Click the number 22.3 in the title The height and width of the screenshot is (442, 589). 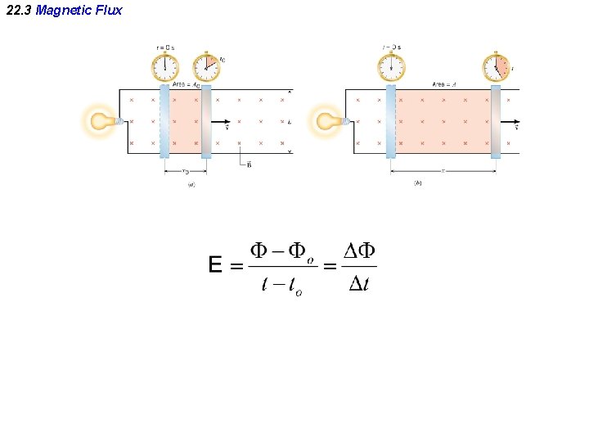tap(17, 11)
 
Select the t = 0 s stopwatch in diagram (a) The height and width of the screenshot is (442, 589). tap(165, 66)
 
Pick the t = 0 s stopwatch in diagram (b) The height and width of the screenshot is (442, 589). tap(391, 66)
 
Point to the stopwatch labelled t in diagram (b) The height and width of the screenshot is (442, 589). tap(496, 66)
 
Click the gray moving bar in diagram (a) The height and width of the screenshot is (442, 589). tap(206, 121)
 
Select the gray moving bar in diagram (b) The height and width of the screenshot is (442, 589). tap(496, 121)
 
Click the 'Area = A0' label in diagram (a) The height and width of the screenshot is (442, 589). tap(186, 85)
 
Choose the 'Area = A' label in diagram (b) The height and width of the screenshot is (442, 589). tap(444, 85)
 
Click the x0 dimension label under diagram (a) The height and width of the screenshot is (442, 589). tap(186, 172)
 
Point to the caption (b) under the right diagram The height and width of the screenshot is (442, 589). tap(418, 183)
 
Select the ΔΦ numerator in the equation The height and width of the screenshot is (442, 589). tap(358, 251)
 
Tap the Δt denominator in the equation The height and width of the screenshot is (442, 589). tap(358, 284)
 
